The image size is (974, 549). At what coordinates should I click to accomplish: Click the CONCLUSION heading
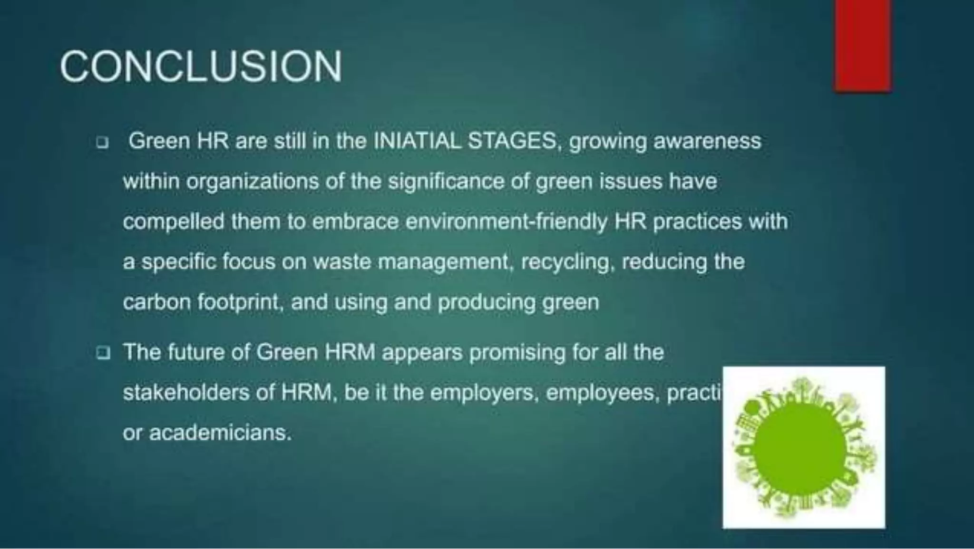point(201,67)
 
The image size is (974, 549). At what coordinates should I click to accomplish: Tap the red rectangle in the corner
point(862,45)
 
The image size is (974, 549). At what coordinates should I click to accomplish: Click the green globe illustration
point(804,447)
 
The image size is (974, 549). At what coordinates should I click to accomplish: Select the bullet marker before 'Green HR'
point(102,142)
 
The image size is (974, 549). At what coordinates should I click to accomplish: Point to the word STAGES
point(512,141)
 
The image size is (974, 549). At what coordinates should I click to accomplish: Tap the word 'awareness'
point(707,141)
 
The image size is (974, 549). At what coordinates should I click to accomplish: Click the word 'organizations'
point(252,182)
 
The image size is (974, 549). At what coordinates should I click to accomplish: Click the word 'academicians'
point(219,433)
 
